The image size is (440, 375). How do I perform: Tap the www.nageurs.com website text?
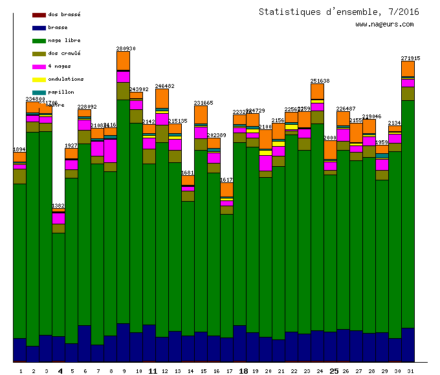(384, 25)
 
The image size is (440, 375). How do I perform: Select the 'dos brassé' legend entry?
(64, 14)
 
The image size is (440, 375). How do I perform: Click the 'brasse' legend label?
(58, 27)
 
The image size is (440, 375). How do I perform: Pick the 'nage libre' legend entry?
(63, 40)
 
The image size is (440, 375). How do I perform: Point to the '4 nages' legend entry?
(60, 66)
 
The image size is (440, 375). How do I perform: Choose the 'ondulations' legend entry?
(65, 79)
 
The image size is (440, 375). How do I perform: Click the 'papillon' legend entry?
(61, 92)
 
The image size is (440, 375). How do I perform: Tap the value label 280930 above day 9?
(126, 48)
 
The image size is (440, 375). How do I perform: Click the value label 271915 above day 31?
(410, 58)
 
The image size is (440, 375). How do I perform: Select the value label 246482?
(164, 86)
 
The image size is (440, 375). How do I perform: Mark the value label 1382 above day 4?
(58, 206)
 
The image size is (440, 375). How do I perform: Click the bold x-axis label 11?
(153, 371)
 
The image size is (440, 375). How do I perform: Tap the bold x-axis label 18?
(243, 371)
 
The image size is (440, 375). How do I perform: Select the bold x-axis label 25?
(334, 371)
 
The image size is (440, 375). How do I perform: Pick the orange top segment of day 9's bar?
(123, 60)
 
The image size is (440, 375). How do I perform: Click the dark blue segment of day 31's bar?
(408, 344)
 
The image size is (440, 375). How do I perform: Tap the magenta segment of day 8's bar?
(110, 151)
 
